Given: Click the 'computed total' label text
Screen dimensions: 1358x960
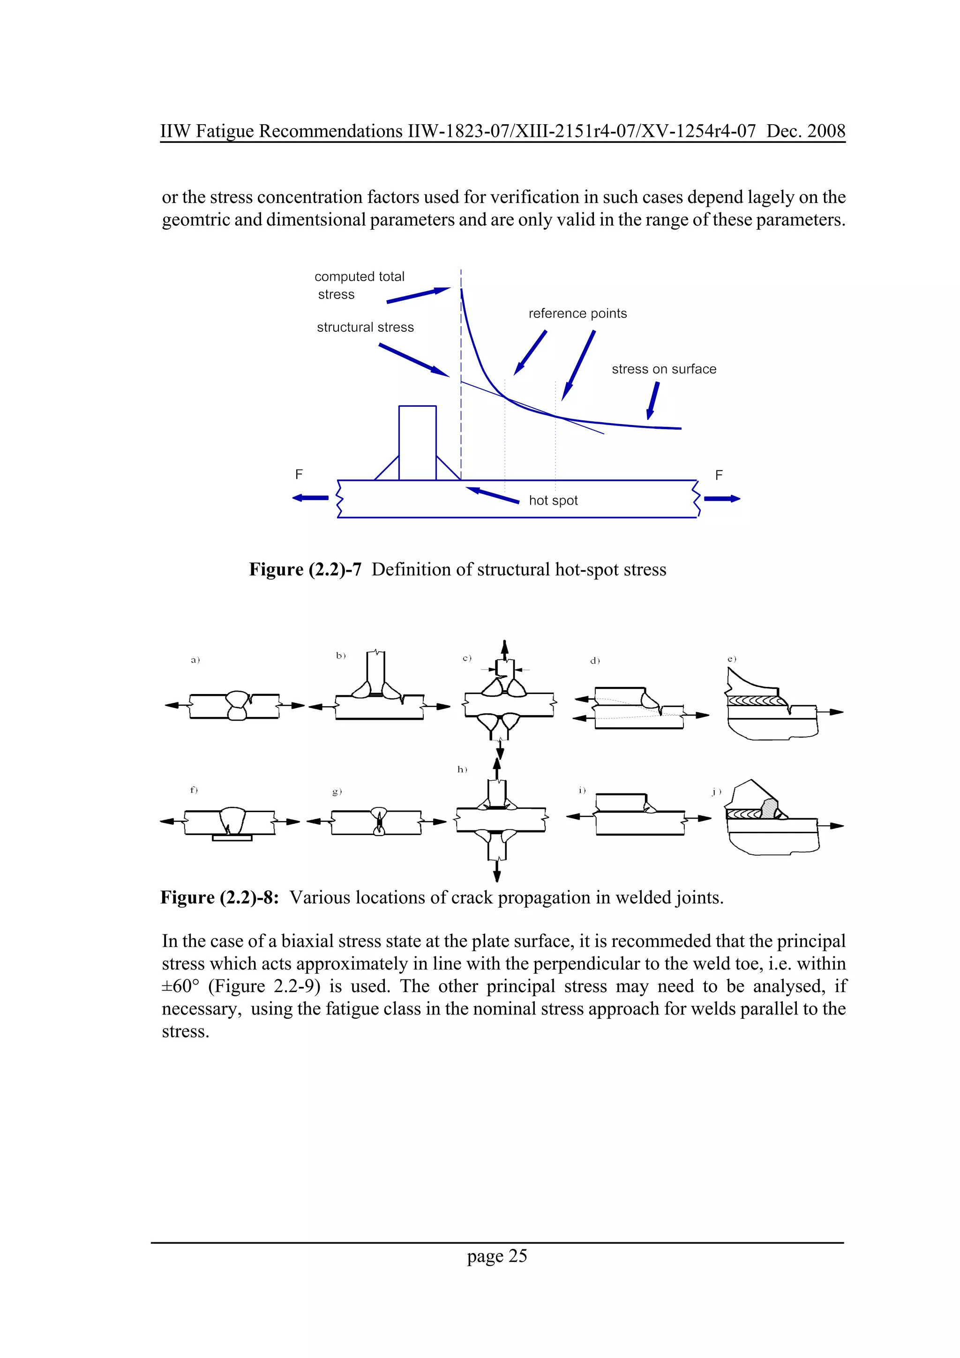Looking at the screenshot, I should [x=359, y=277].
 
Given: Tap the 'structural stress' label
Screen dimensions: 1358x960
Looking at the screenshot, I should [x=365, y=328].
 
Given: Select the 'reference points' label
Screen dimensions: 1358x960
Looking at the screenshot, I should [x=577, y=313].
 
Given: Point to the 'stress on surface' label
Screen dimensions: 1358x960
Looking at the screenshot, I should [x=664, y=369].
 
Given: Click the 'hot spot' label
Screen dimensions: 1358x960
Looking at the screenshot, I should [x=553, y=500].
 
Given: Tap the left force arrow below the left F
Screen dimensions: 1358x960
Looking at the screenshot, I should [x=310, y=498].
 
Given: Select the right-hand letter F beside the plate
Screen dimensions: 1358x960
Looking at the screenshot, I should [x=719, y=476].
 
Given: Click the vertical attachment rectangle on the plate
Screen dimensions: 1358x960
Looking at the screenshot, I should [x=417, y=442].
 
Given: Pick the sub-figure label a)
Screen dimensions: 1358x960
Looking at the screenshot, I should [x=195, y=660].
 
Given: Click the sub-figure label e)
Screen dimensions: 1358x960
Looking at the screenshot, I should [x=732, y=659].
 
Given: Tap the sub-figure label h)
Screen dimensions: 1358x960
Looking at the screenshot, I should [x=462, y=769].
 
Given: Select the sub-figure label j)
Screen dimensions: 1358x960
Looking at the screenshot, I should [x=716, y=791].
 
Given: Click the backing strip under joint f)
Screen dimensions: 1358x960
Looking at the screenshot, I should [x=232, y=837].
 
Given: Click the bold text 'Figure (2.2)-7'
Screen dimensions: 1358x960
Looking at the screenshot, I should [x=305, y=569].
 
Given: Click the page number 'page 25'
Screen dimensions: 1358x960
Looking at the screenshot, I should [x=496, y=1256].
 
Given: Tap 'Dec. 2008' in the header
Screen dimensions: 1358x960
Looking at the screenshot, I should [x=806, y=131].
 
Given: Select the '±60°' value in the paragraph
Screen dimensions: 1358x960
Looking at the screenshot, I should [x=180, y=986].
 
